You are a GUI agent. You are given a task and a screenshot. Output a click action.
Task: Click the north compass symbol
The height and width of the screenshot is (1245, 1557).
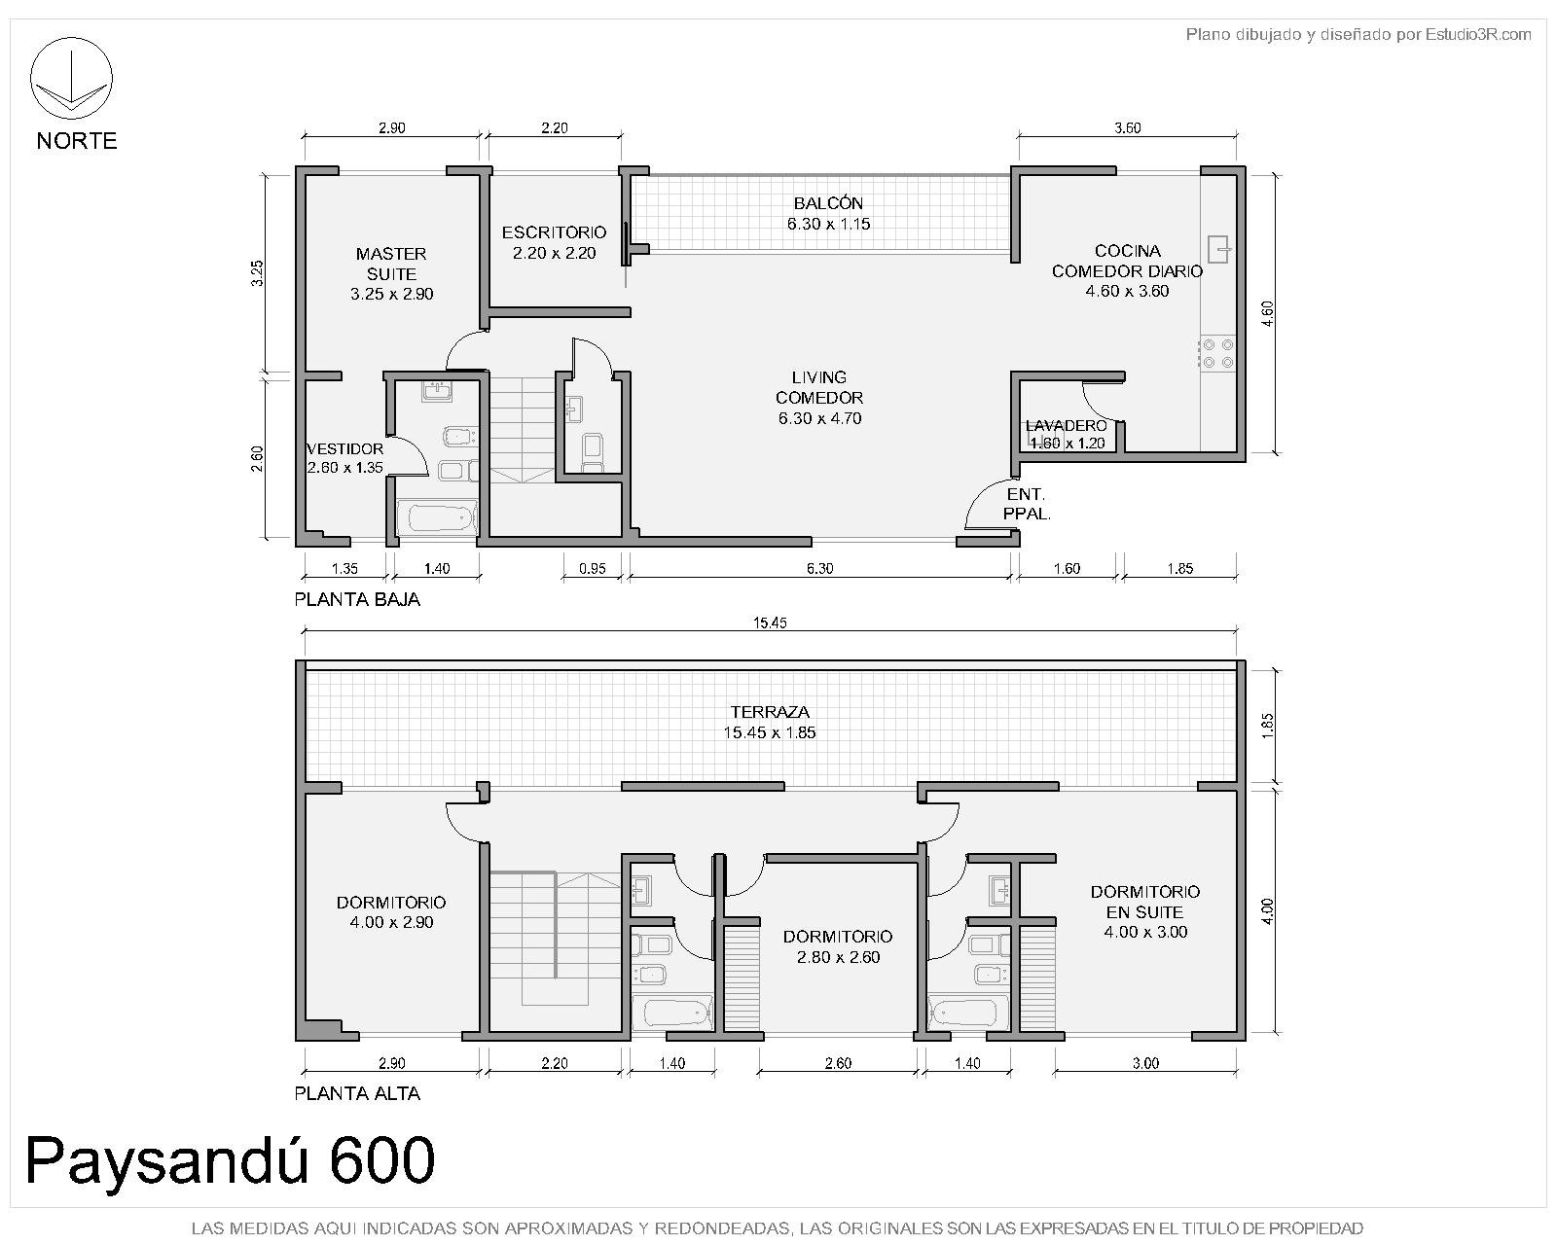coord(71,78)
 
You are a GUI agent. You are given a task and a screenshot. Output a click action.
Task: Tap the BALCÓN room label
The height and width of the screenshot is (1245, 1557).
coord(828,203)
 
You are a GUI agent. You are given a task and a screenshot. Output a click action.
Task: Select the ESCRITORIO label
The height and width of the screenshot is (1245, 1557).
coord(555,232)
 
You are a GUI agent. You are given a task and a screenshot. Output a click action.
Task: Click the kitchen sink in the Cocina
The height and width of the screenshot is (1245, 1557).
coord(1219,250)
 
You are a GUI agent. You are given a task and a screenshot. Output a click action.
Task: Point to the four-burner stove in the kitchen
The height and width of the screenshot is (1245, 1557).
coord(1217,354)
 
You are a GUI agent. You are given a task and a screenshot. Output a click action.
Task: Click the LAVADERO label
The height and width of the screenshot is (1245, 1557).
coord(1066,426)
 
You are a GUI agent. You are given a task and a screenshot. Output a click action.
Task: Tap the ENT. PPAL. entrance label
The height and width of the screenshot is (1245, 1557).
coord(1027,504)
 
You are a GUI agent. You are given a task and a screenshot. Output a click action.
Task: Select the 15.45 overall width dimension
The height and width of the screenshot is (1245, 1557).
coord(770,622)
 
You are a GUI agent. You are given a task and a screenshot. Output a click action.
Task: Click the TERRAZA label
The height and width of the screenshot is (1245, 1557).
coord(770,712)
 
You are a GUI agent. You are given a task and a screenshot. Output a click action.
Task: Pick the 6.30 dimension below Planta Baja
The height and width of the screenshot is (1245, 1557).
coord(819,569)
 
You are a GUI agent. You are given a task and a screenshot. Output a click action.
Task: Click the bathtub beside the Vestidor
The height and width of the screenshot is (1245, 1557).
coord(437,518)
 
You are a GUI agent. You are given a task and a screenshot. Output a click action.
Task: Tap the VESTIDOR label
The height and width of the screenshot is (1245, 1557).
coord(345,448)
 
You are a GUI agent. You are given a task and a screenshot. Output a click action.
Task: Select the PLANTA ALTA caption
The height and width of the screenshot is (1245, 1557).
coord(357,1093)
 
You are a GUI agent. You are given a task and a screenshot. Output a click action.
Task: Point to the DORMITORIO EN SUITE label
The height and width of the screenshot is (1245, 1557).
coord(1145,902)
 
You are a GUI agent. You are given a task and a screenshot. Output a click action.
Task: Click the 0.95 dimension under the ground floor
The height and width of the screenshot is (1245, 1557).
coord(593,569)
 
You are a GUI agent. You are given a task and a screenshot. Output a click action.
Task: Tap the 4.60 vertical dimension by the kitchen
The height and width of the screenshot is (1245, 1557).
coord(1267,313)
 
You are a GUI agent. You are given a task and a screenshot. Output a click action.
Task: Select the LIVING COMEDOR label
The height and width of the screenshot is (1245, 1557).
coord(819,387)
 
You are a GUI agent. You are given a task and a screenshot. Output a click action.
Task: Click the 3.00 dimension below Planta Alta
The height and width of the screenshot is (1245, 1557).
coord(1145,1063)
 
